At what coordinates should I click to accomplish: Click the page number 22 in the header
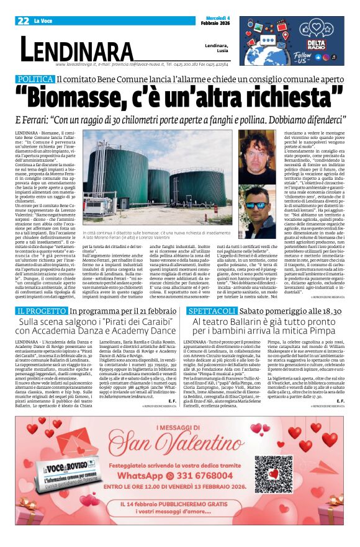pyautogui.click(x=24, y=20)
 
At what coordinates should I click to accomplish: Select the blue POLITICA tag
pyautogui.click(x=35, y=79)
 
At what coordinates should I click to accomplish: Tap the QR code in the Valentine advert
pyautogui.click(x=274, y=475)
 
